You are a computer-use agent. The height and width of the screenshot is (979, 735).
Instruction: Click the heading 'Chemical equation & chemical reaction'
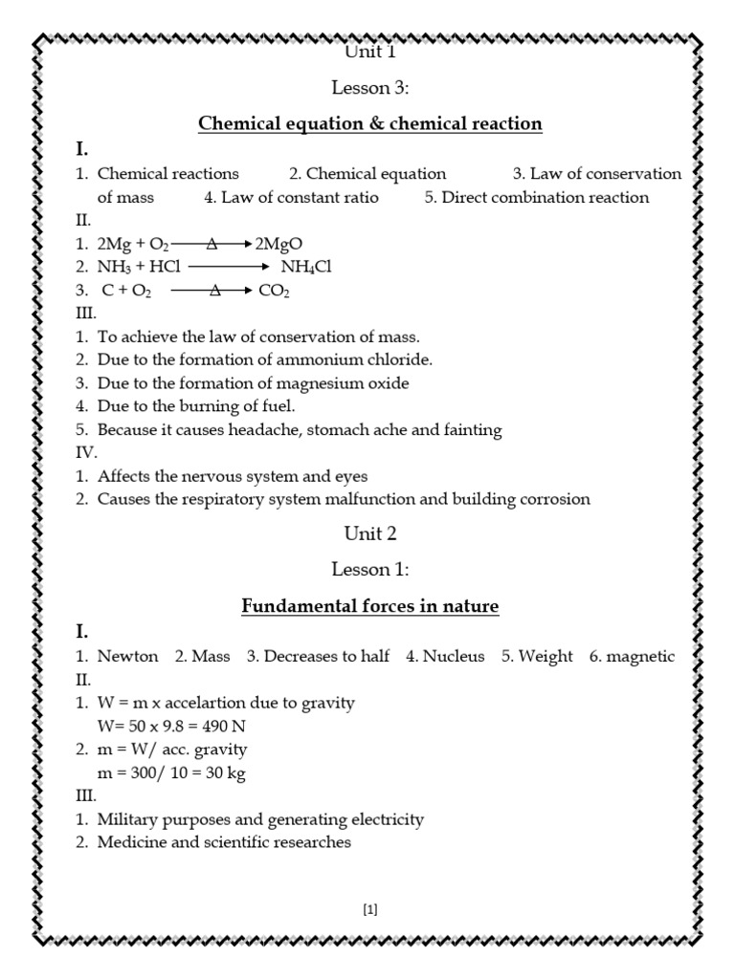coord(369,124)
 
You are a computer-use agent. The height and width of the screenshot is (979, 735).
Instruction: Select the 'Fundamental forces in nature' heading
coord(369,607)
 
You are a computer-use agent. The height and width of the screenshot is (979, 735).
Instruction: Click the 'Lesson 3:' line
coord(369,88)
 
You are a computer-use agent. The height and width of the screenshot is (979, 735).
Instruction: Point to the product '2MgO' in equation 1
coord(279,245)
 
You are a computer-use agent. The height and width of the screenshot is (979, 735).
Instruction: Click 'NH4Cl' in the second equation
coord(305,268)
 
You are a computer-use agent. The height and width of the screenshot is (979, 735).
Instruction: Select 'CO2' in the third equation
coord(275,291)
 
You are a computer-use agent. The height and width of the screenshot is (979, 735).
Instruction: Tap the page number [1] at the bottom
coord(370,910)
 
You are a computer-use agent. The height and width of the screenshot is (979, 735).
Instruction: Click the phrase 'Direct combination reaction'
coord(545,198)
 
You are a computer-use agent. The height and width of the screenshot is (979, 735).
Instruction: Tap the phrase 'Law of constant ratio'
coord(300,198)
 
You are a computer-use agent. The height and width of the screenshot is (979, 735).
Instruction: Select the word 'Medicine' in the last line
coord(131,843)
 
